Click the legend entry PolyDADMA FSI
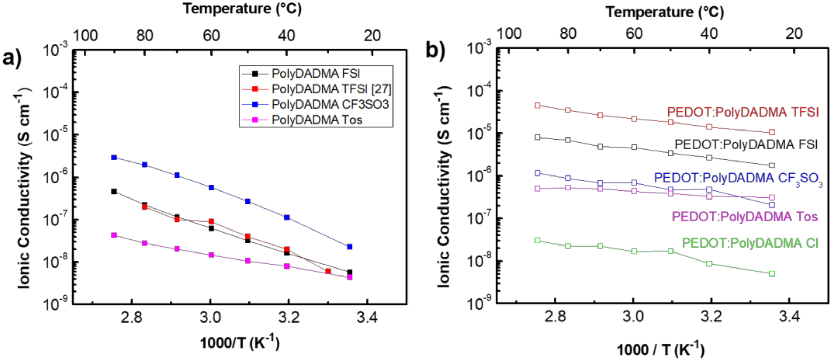[x=315, y=74]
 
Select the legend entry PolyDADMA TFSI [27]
[x=331, y=89]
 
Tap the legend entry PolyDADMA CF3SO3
[x=330, y=104]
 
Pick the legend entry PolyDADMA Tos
[x=317, y=120]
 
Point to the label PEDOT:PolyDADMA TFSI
[x=743, y=112]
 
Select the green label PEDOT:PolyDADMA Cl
[x=750, y=243]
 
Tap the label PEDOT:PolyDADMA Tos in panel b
[x=745, y=216]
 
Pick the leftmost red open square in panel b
[x=538, y=105]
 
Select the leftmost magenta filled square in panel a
[x=114, y=235]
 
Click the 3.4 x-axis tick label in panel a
[x=367, y=318]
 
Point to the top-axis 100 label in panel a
[x=85, y=35]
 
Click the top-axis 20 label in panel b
[x=794, y=34]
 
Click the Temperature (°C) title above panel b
[x=665, y=12]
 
